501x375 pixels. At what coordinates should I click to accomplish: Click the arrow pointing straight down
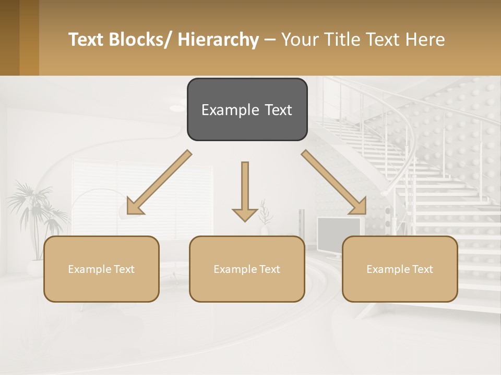[x=245, y=190]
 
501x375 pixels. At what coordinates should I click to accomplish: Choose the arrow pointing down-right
[x=334, y=182]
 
